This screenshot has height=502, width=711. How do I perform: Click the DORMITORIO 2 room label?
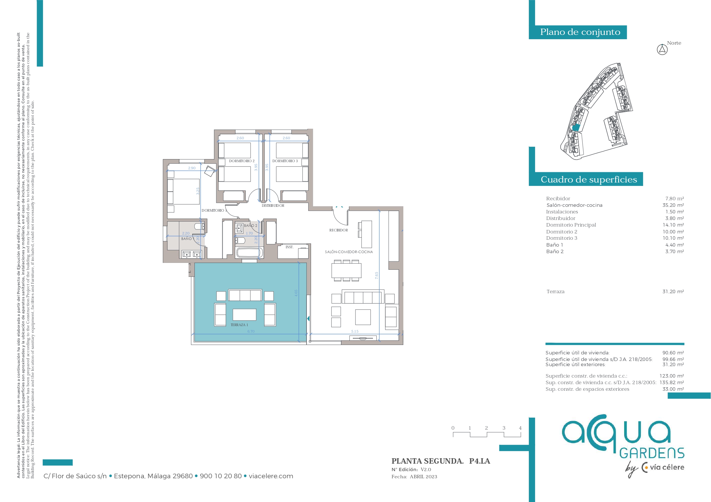(241, 161)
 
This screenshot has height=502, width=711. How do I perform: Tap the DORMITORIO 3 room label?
(285, 161)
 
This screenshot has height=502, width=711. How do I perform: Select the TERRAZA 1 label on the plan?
(239, 325)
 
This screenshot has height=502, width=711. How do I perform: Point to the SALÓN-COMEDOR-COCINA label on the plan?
(349, 252)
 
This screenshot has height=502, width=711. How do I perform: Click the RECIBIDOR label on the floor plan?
(339, 230)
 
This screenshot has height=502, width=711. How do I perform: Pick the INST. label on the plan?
(289, 247)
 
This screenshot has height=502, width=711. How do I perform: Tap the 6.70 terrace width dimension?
(251, 331)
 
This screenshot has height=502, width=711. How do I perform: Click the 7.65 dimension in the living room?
(377, 275)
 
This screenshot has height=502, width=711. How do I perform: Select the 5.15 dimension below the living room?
(355, 331)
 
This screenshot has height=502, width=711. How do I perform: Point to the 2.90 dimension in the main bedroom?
(192, 168)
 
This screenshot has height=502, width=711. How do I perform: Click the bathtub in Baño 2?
(249, 253)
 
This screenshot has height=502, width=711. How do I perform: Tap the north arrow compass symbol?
(662, 49)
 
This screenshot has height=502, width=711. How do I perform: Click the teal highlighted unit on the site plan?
(576, 128)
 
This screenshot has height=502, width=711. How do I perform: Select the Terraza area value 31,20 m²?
(673, 291)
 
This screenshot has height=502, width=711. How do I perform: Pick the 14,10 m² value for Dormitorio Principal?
(673, 225)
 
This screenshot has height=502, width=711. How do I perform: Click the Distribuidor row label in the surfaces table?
(561, 218)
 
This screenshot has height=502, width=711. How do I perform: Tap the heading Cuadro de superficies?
(589, 179)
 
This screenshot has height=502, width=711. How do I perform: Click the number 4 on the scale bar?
(520, 428)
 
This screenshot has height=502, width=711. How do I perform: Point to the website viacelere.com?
(271, 476)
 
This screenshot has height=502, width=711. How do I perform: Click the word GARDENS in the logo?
(652, 453)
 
